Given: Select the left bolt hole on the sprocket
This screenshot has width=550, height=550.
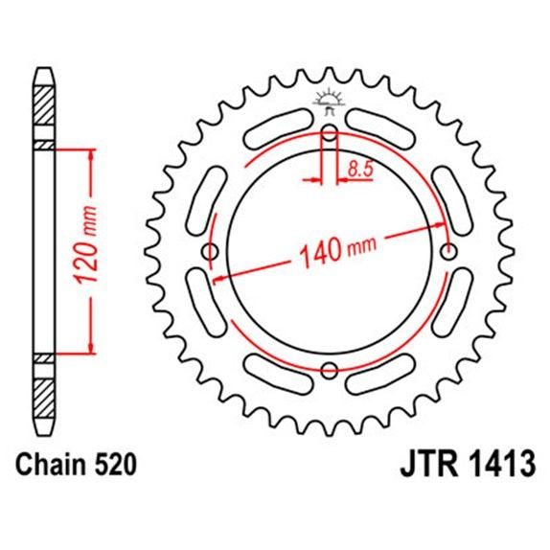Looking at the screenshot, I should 211,252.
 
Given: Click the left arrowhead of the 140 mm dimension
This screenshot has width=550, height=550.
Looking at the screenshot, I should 219,279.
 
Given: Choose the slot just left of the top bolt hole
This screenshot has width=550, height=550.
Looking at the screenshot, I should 286,126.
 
